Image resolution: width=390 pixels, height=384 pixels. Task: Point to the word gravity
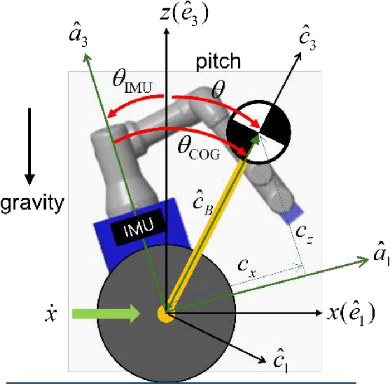[x=32, y=202]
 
